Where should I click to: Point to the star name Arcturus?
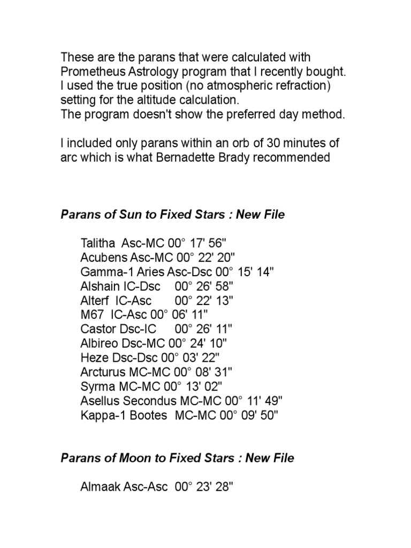pos(101,371)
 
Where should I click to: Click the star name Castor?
pos(96,328)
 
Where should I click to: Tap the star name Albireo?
pos(98,342)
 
